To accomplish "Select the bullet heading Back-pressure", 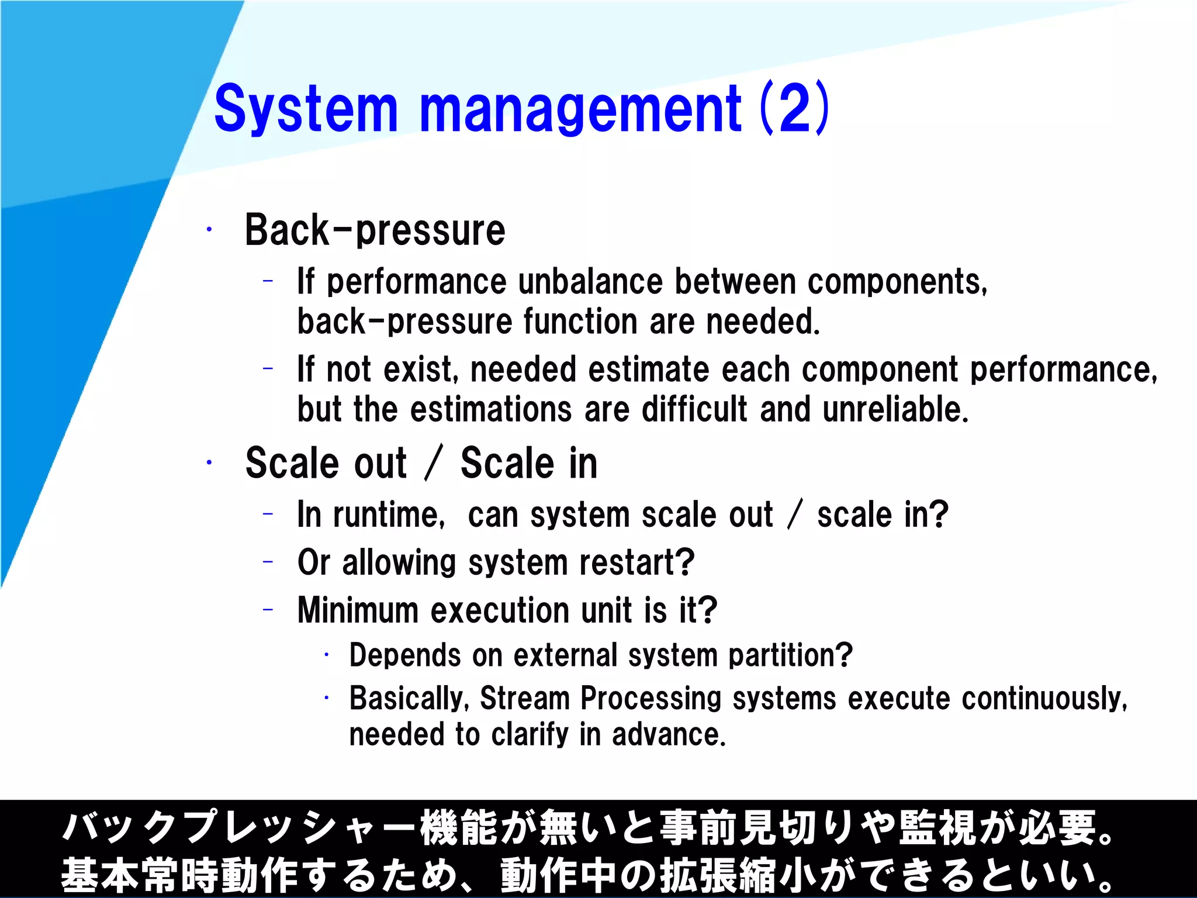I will tap(375, 230).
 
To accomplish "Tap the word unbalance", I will tap(590, 282).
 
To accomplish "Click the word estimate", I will tap(648, 369).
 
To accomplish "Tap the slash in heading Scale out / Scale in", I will tap(434, 463).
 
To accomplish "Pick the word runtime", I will tap(389, 515).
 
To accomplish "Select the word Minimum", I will tap(358, 610).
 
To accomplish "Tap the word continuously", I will tap(1044, 699).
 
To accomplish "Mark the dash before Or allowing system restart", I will tap(268, 562).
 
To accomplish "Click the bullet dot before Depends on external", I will tap(327, 655).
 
